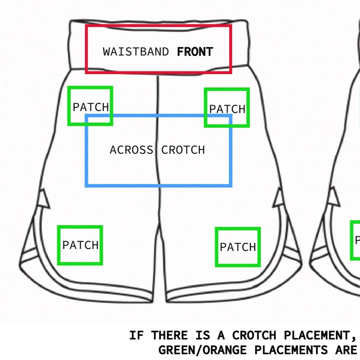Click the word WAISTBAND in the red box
point(136,52)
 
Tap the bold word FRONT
point(195,52)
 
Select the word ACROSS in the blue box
point(131,150)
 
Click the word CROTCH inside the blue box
point(183,150)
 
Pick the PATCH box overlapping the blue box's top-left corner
point(90,106)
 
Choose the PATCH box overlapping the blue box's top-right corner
point(227,108)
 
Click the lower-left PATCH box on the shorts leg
point(80,245)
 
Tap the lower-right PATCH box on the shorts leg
point(238,247)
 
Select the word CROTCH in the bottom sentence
point(254,335)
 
